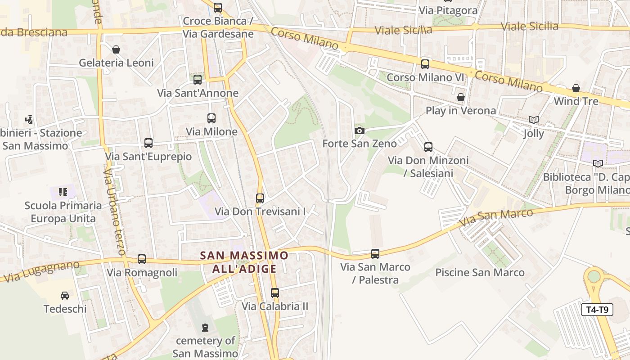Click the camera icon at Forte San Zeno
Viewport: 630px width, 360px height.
click(x=359, y=131)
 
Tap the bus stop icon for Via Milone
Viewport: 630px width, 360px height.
click(x=211, y=118)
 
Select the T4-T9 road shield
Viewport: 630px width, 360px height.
click(x=597, y=310)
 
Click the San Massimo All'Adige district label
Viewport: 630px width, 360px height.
click(x=244, y=262)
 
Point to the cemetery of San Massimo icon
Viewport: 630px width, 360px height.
click(x=205, y=327)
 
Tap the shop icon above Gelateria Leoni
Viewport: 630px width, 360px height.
click(x=116, y=49)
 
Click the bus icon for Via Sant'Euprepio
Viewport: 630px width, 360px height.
click(x=148, y=143)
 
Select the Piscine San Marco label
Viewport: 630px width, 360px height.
click(x=480, y=272)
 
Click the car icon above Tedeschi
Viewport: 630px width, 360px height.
click(x=65, y=296)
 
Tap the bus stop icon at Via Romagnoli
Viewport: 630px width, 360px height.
click(x=142, y=259)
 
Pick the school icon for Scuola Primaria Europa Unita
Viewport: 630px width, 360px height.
click(x=63, y=192)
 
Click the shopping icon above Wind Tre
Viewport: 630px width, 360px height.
click(x=576, y=88)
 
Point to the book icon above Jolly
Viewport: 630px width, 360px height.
click(x=534, y=120)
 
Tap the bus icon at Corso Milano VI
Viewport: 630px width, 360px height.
click(x=425, y=64)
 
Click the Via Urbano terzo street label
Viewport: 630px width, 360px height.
click(x=114, y=211)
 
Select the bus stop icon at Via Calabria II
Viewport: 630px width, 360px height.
click(x=275, y=293)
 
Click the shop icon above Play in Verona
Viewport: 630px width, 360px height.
click(x=460, y=97)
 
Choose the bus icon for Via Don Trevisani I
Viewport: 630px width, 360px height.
click(x=260, y=198)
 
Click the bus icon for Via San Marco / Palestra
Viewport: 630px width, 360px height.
click(x=375, y=254)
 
